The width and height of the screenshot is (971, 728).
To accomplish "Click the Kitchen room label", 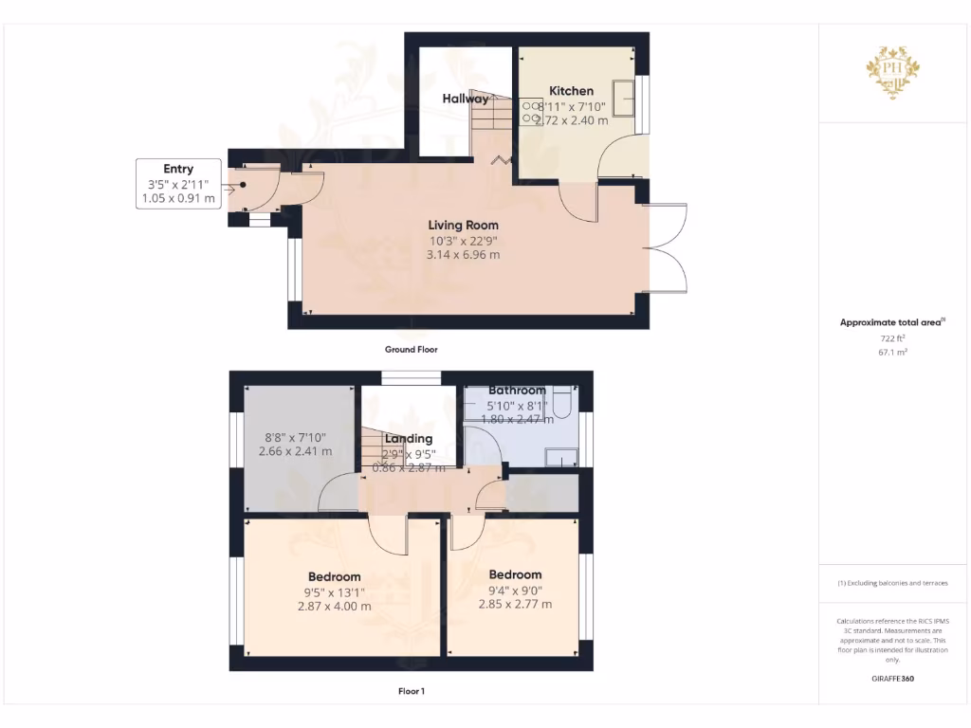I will (571, 91).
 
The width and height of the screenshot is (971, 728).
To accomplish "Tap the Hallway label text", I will (466, 99).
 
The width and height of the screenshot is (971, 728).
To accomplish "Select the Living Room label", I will (463, 225).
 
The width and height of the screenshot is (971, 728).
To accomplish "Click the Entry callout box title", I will (178, 169).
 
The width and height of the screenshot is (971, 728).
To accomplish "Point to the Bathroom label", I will (517, 391).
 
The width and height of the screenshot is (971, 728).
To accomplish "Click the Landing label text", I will (409, 439).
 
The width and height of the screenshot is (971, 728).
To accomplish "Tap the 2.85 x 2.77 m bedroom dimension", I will (515, 604).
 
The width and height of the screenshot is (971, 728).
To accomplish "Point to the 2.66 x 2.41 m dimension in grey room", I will (295, 452).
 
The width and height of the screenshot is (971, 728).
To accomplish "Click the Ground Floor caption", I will (411, 350).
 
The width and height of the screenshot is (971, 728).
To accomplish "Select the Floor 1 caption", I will (411, 691).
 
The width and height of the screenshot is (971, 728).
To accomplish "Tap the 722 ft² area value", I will (892, 337).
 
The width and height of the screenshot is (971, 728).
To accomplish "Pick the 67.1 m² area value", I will (892, 351).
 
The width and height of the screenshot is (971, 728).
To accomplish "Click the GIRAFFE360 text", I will (892, 679).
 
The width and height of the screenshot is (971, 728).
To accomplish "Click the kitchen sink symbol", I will (625, 95).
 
